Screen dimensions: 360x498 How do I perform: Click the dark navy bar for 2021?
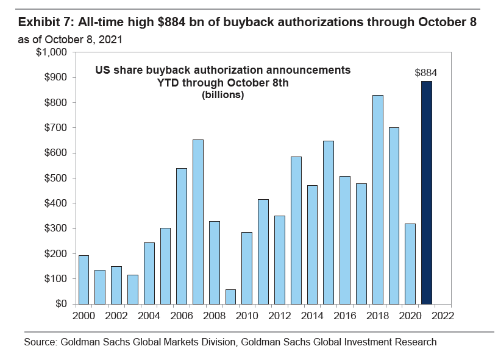click(x=426, y=192)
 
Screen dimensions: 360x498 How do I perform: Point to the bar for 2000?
click(x=84, y=280)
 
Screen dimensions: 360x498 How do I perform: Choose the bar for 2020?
click(x=410, y=264)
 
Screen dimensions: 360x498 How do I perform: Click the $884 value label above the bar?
click(x=426, y=72)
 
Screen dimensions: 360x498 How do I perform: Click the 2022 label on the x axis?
click(x=443, y=316)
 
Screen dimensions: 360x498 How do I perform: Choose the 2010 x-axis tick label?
click(x=247, y=316)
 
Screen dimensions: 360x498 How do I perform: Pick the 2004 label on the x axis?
click(x=149, y=316)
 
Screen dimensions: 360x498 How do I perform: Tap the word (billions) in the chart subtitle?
click(x=222, y=96)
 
